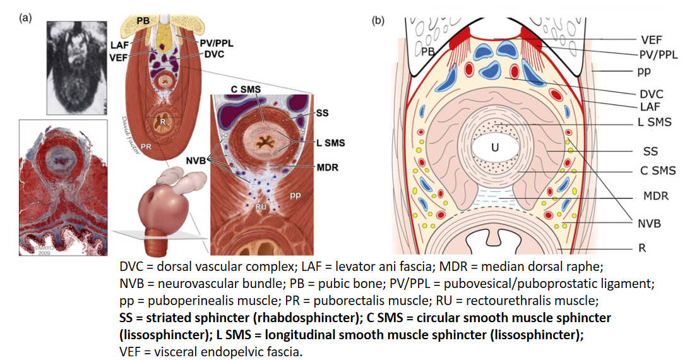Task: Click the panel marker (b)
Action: pos(378,21)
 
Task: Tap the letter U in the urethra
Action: pos(495,147)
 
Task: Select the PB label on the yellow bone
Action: pos(143,20)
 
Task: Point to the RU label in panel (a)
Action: pos(261,207)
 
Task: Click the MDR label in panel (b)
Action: pos(656,196)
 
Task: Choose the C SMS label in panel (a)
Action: pos(246,89)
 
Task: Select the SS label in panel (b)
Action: pos(650,151)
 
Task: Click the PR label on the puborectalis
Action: pos(146,147)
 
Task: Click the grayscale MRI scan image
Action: pos(76,68)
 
